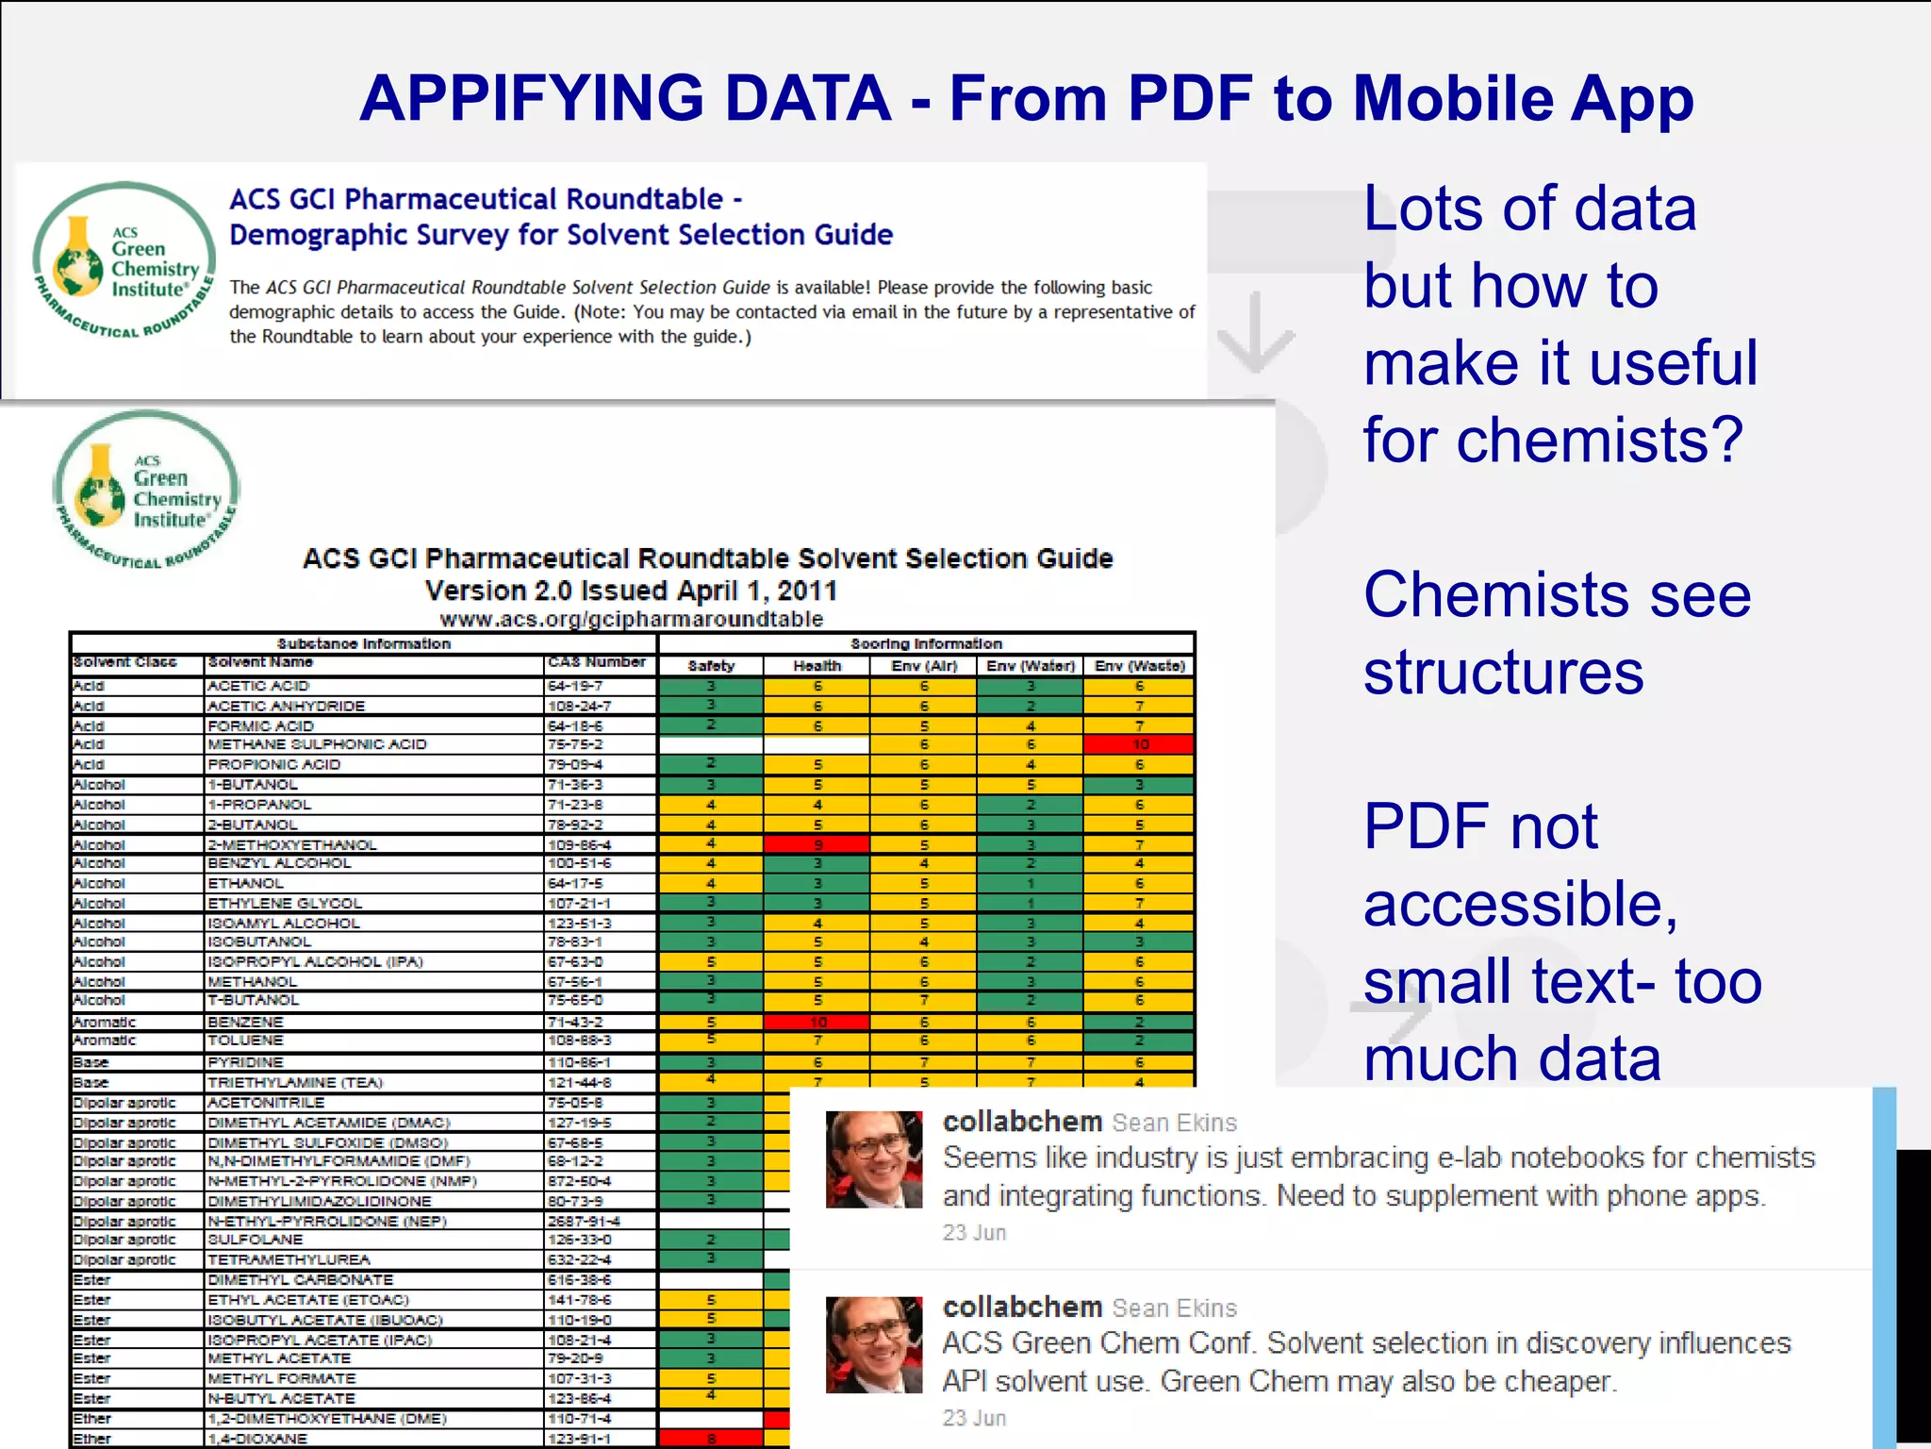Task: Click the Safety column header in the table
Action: pyautogui.click(x=711, y=665)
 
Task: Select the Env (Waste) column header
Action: pyautogui.click(x=1139, y=665)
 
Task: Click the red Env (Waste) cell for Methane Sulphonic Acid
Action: pyautogui.click(x=1139, y=744)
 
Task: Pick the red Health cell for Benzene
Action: pyautogui.click(x=817, y=1022)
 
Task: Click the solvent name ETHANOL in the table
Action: pyautogui.click(x=245, y=883)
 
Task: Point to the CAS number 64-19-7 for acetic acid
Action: pyautogui.click(x=574, y=686)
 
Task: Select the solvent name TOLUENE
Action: pyautogui.click(x=245, y=1040)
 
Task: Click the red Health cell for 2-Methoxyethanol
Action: pyautogui.click(x=817, y=844)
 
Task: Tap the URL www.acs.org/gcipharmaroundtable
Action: pyautogui.click(x=631, y=619)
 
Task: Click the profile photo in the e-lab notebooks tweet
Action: pyautogui.click(x=873, y=1159)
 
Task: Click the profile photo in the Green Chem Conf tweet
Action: pyautogui.click(x=873, y=1344)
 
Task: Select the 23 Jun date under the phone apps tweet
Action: pyautogui.click(x=974, y=1232)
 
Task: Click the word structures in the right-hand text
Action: pyautogui.click(x=1503, y=672)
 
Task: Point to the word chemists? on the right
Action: pyautogui.click(x=1599, y=440)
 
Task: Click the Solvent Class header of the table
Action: pyautogui.click(x=124, y=662)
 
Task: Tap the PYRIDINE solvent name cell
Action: pyautogui.click(x=245, y=1062)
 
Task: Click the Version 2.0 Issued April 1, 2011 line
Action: pyautogui.click(x=631, y=591)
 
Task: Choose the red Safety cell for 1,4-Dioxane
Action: pyautogui.click(x=711, y=1439)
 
